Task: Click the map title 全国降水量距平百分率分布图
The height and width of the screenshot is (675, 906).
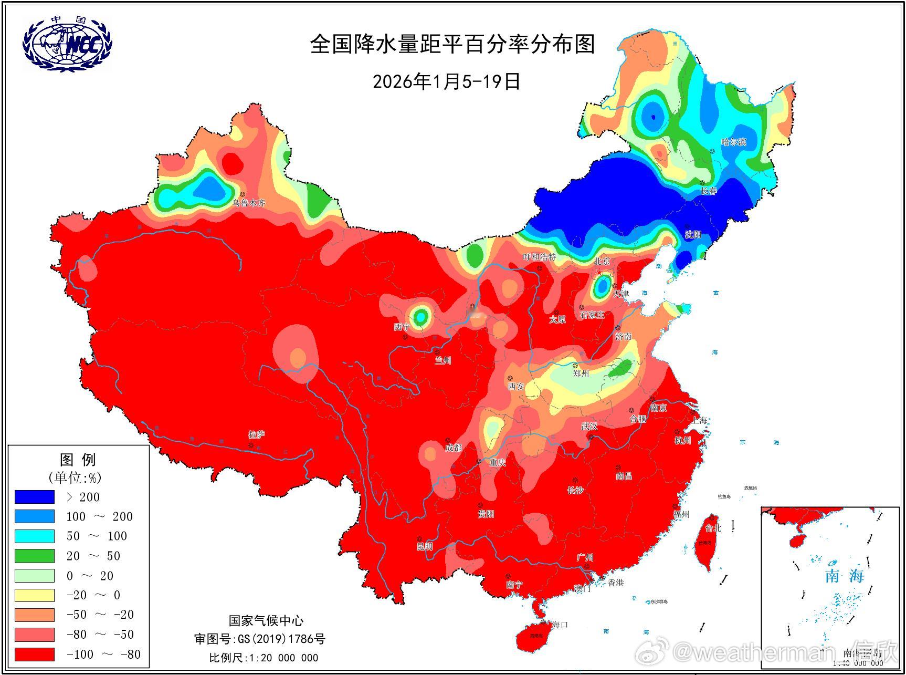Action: tap(452, 44)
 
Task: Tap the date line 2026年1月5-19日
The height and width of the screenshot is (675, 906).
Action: tap(446, 81)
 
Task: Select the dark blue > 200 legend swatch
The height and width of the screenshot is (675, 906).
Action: tap(34, 497)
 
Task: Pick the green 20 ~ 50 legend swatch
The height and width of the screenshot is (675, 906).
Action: tap(34, 556)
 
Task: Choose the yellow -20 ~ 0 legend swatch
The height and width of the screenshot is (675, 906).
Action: tap(34, 595)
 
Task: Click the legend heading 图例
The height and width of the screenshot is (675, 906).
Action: tap(78, 460)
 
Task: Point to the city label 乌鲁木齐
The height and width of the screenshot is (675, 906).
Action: tap(249, 203)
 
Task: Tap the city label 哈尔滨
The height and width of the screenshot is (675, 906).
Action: tap(733, 142)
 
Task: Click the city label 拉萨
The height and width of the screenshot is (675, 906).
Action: tap(257, 434)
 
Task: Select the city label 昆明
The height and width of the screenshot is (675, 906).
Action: tap(425, 546)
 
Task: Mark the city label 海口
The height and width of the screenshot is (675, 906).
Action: tap(560, 625)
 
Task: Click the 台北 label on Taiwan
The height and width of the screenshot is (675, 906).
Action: tap(713, 528)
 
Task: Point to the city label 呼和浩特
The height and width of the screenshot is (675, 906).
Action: tap(539, 257)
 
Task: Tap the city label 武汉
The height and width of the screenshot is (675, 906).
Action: tap(589, 426)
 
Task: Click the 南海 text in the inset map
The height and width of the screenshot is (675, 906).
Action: tap(844, 576)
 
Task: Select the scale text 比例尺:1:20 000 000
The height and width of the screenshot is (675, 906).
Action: tap(264, 658)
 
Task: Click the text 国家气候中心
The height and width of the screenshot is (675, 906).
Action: tap(266, 621)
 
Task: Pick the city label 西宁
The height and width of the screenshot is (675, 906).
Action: tap(402, 327)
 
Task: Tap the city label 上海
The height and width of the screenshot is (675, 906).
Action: tap(699, 420)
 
